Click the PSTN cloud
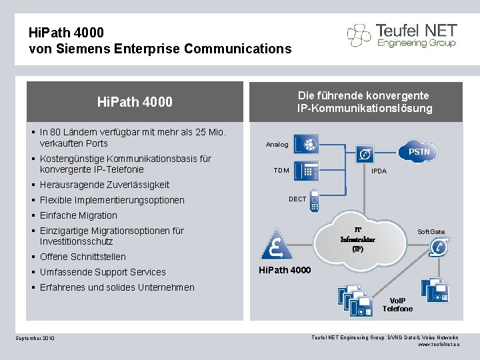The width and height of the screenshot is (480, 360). (x=419, y=153)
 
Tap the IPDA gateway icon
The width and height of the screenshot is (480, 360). (x=365, y=155)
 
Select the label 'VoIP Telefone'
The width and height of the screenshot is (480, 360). (x=397, y=304)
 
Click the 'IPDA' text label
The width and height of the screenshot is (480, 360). (x=379, y=171)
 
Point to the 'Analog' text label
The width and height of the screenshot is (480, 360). (x=277, y=145)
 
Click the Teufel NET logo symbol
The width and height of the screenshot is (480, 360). (x=359, y=35)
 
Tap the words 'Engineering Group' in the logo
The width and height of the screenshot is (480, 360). (x=415, y=43)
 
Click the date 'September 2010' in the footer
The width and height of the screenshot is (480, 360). (x=35, y=339)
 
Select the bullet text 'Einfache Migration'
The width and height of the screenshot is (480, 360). (x=78, y=215)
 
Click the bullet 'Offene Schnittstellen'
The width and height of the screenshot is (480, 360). (x=83, y=257)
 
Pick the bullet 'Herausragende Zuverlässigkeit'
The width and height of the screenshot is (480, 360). (x=105, y=185)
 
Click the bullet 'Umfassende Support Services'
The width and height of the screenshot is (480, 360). (x=103, y=272)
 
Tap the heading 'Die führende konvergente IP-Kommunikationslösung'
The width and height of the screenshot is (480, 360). (x=364, y=102)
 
